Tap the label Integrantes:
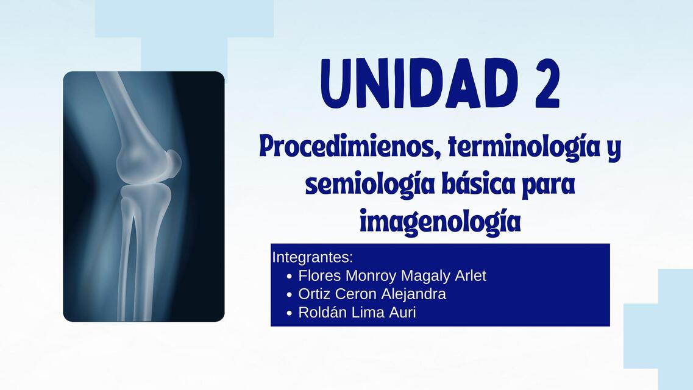313,256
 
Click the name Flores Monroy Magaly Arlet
392,276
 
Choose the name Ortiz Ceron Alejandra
372,294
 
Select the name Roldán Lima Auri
357,313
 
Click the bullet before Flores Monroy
290,277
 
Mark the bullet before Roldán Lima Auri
290,314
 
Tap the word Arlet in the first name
471,276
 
